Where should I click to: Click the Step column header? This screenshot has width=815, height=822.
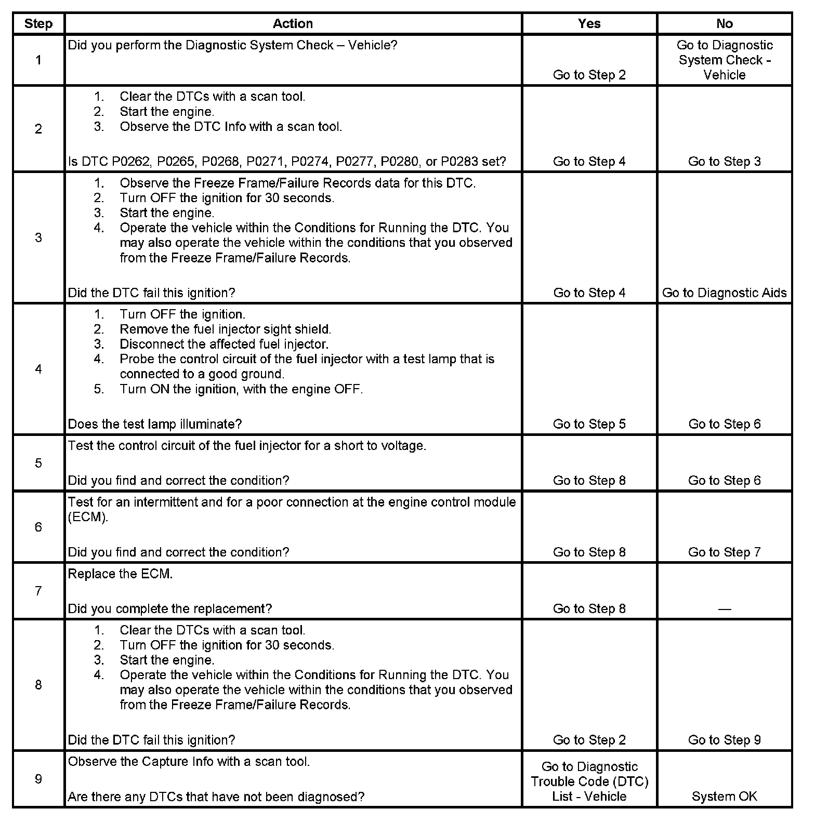point(38,24)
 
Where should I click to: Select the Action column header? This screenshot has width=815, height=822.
point(293,24)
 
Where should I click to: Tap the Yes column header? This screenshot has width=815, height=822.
point(589,24)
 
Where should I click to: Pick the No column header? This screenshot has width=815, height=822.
point(724,24)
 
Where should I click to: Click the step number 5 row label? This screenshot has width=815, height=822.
point(38,463)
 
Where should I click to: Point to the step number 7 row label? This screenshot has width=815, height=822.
point(38,591)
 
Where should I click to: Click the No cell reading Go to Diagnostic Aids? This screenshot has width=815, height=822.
point(724,293)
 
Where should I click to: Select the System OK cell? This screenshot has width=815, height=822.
point(724,797)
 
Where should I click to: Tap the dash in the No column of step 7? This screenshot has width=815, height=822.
point(724,609)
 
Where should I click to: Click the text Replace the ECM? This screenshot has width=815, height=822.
point(120,574)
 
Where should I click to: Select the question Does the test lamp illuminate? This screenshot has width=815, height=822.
point(155,425)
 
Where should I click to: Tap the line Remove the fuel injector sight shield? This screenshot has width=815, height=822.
point(225,329)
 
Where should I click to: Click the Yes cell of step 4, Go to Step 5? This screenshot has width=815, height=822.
point(589,425)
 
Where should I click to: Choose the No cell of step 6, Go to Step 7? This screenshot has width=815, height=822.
point(724,552)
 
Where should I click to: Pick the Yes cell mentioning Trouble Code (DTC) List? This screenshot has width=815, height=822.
point(589,781)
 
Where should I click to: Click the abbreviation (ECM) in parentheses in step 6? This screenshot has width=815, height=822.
point(88,518)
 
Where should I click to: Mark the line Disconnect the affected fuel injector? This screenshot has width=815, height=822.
point(224,344)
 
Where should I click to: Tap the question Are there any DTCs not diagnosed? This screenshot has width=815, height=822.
point(216,797)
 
